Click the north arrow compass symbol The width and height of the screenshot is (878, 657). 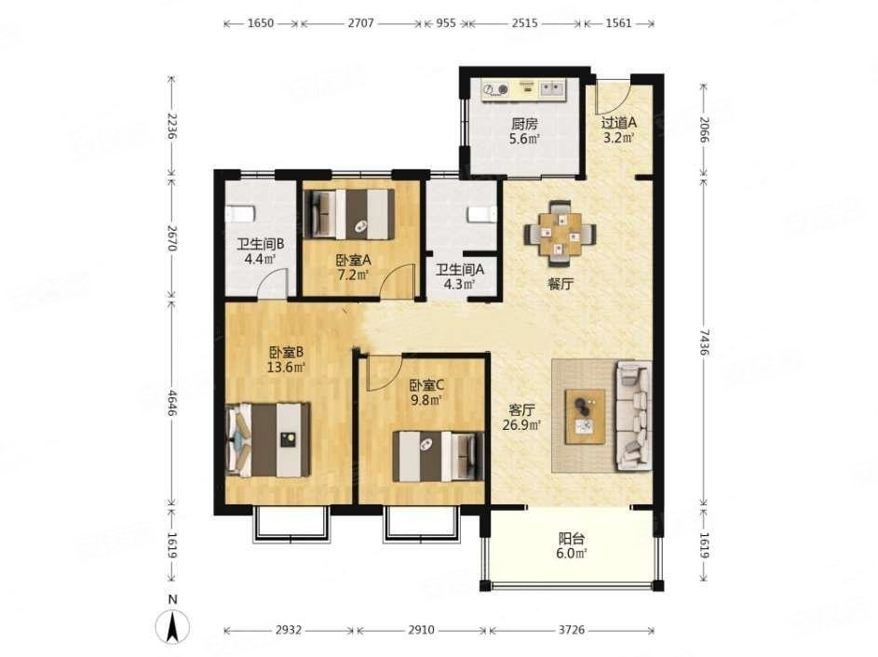click(x=172, y=626)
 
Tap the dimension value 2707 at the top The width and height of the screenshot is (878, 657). click(x=360, y=23)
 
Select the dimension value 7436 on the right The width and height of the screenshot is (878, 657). click(x=704, y=342)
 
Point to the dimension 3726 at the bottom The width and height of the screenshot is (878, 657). click(x=571, y=630)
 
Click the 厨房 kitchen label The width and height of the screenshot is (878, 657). click(x=524, y=123)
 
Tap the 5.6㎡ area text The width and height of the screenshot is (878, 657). click(x=524, y=139)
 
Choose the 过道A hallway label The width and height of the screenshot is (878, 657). click(x=619, y=122)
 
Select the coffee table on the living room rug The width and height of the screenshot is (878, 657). click(x=585, y=416)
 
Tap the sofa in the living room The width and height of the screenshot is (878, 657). click(x=634, y=415)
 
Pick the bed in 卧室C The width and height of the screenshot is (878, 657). click(x=438, y=456)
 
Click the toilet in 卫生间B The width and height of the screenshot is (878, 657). click(x=240, y=214)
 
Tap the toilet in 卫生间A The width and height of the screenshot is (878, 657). click(x=482, y=214)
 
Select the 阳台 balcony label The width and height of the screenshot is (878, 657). click(x=572, y=539)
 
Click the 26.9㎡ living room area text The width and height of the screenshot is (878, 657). click(x=521, y=425)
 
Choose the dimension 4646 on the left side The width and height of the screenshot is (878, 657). click(x=172, y=402)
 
